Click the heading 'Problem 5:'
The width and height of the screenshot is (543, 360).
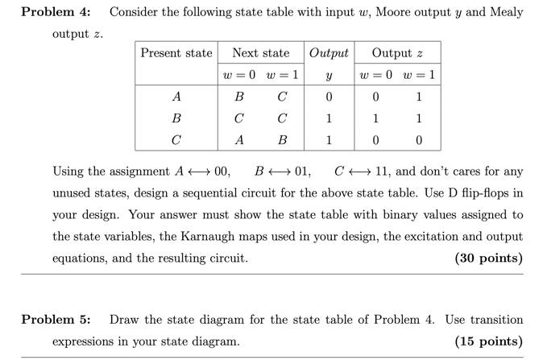click(56, 320)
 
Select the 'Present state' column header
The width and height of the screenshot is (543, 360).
click(176, 53)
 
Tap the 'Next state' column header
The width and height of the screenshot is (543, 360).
click(260, 53)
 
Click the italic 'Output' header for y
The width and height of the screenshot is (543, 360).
click(329, 53)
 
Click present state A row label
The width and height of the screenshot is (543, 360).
click(176, 97)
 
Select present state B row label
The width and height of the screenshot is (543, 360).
click(176, 118)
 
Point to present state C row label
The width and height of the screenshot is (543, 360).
click(176, 139)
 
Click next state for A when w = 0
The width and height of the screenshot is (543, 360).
click(239, 97)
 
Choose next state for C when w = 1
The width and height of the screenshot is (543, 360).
click(282, 139)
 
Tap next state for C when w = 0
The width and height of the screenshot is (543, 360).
click(239, 139)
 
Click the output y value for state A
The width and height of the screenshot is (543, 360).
click(329, 97)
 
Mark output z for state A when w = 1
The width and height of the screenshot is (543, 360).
click(419, 97)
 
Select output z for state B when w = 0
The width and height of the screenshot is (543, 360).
click(375, 118)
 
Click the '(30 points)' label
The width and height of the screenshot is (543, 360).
click(489, 259)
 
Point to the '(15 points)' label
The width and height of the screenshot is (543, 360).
click(489, 341)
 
